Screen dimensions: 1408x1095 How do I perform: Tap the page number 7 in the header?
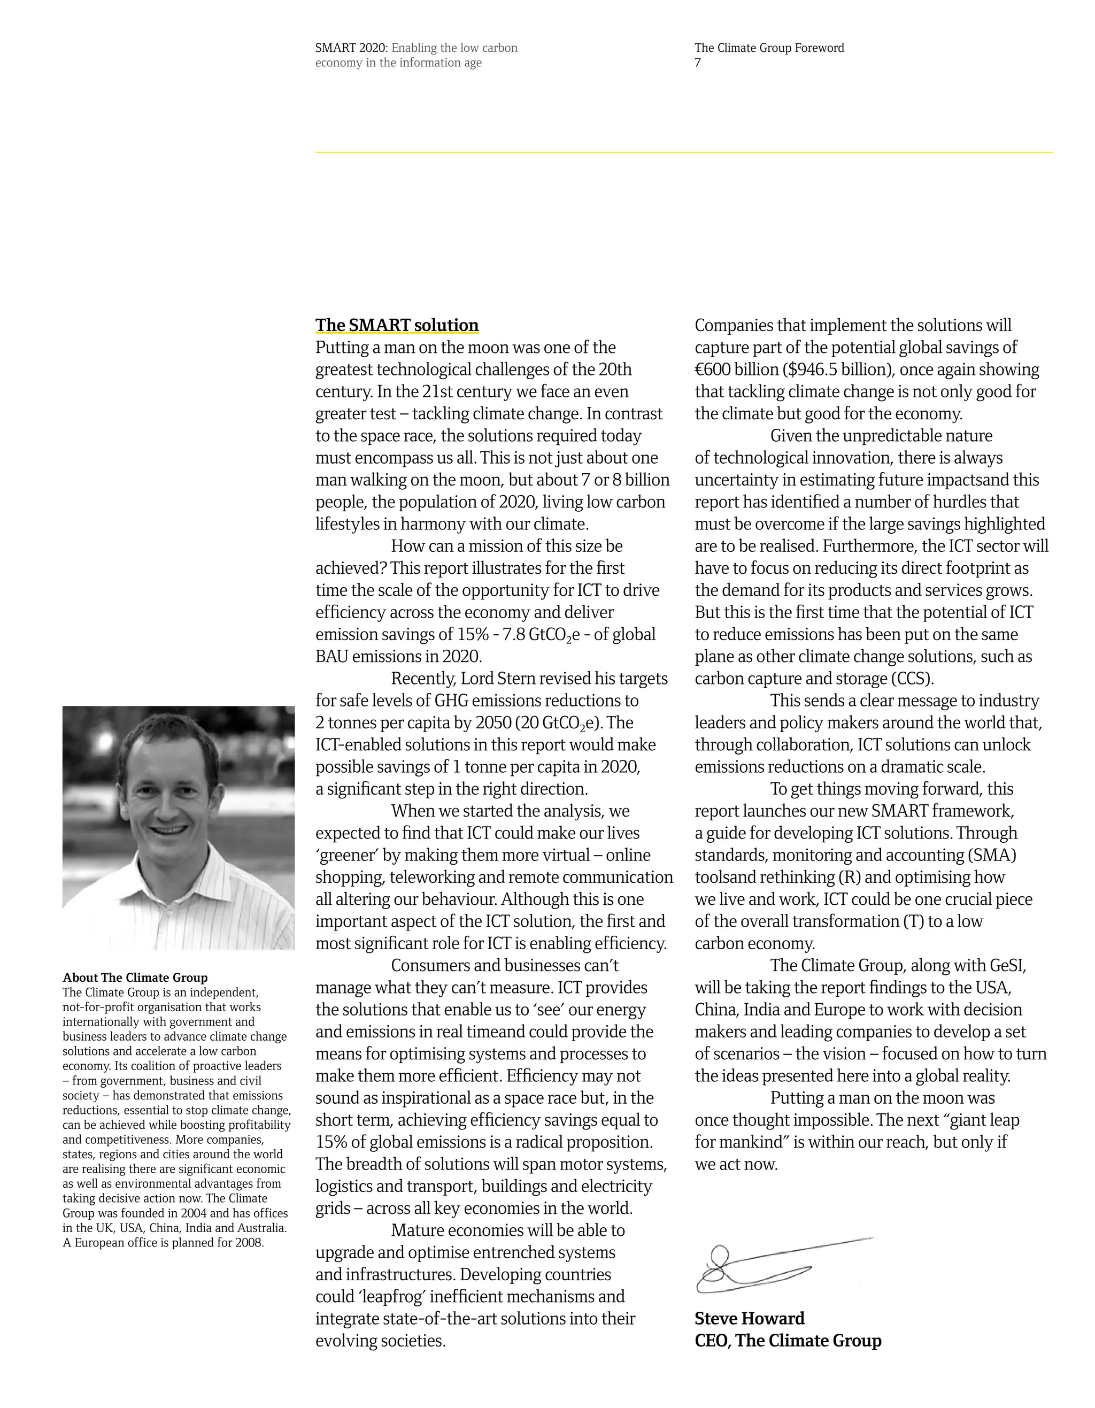[697, 63]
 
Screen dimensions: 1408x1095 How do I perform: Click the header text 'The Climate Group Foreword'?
[769, 48]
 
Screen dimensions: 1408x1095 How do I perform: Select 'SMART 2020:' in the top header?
[351, 48]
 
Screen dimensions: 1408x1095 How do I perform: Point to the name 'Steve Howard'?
[749, 1318]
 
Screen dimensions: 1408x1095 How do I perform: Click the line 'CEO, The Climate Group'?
[788, 1340]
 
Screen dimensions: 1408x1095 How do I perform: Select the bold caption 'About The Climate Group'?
[135, 978]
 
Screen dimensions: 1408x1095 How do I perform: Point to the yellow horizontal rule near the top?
[683, 152]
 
